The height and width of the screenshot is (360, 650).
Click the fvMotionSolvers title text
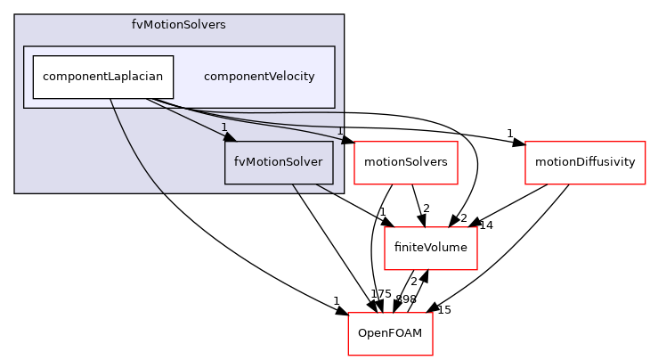[x=178, y=25]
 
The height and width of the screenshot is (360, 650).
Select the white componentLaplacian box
[x=102, y=77]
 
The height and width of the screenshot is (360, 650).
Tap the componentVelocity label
[x=259, y=77]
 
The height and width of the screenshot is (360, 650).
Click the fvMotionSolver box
[x=279, y=162]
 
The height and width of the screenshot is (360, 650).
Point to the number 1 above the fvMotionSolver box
[x=224, y=127]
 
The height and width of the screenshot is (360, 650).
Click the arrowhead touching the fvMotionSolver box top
[x=230, y=136]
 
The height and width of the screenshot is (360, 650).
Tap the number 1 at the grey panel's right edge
[x=339, y=131]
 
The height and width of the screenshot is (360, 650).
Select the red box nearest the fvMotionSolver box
[x=405, y=163]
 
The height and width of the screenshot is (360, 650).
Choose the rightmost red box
[x=585, y=163]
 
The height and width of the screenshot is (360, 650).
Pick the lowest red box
[x=390, y=334]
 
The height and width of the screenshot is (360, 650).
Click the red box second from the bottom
[x=431, y=249]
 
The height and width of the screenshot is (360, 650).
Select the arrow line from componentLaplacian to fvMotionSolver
[x=187, y=118]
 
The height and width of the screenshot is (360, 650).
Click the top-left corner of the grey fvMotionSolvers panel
[x=15, y=15]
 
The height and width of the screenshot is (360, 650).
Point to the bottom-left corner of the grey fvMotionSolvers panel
[x=15, y=192]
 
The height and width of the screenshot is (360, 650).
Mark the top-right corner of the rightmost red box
[x=645, y=143]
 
